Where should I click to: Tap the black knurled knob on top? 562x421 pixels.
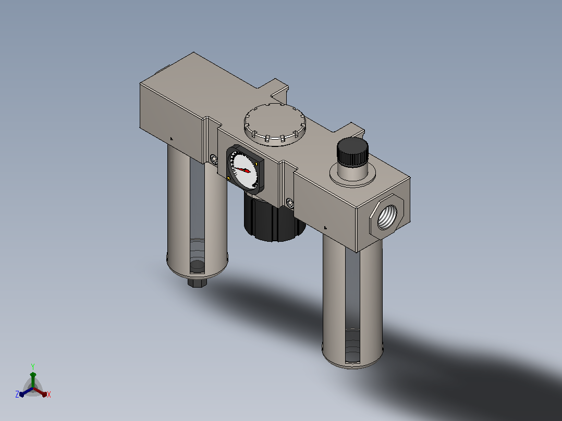(x=352, y=152)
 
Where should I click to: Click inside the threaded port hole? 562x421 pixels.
(x=387, y=216)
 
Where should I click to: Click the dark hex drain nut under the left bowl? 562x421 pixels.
(x=197, y=283)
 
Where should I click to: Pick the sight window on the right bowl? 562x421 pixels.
(x=352, y=305)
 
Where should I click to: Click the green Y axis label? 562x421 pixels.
(x=33, y=366)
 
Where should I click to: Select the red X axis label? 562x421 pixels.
(x=49, y=394)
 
